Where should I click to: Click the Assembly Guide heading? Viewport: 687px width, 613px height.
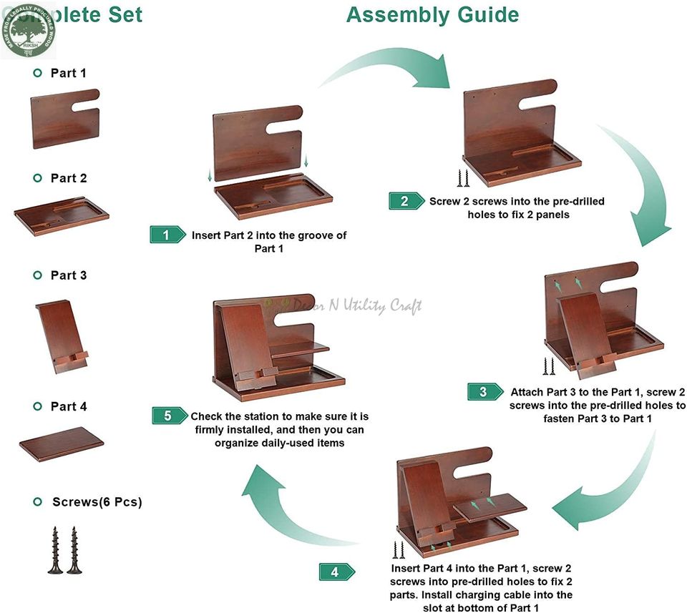pyautogui.click(x=432, y=14)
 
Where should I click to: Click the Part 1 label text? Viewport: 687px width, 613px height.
pyautogui.click(x=68, y=73)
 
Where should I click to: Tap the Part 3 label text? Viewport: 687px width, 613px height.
pyautogui.click(x=68, y=275)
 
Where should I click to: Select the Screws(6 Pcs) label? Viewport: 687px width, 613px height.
pyautogui.click(x=97, y=502)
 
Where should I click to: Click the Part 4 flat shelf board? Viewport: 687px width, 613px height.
pyautogui.click(x=61, y=443)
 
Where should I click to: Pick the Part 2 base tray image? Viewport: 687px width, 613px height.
pyautogui.click(x=62, y=215)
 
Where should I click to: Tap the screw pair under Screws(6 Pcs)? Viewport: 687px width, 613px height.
pyautogui.click(x=64, y=551)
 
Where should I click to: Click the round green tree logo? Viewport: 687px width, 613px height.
pyautogui.click(x=26, y=29)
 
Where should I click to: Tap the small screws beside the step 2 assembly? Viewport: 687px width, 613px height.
pyautogui.click(x=462, y=177)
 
